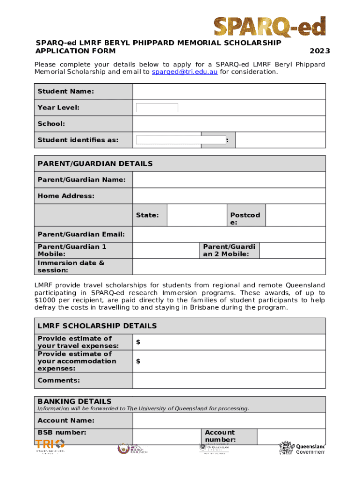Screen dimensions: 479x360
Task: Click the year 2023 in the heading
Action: click(x=320, y=51)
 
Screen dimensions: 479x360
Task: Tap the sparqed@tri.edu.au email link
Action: click(x=185, y=72)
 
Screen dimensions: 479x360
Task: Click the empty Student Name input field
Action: click(x=229, y=91)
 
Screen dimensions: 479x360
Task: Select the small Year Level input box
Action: click(x=157, y=108)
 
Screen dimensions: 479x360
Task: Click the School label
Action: click(x=51, y=124)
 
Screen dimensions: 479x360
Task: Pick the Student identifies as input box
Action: click(x=174, y=140)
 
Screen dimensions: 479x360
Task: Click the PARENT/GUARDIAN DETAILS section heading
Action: click(x=95, y=164)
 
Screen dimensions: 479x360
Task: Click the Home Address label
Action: click(x=66, y=196)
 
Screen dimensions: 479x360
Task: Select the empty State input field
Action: click(x=196, y=215)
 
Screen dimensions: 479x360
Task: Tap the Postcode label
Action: click(x=245, y=218)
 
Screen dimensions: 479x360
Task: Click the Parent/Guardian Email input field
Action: click(x=229, y=234)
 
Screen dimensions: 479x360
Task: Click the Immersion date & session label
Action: click(x=71, y=266)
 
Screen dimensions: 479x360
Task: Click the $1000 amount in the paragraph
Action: click(x=45, y=300)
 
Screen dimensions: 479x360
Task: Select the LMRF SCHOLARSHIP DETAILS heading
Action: click(x=97, y=326)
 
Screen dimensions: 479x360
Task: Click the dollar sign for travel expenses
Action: click(x=138, y=342)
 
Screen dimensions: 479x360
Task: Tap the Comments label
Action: click(x=58, y=380)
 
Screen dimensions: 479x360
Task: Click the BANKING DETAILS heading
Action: click(x=74, y=401)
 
